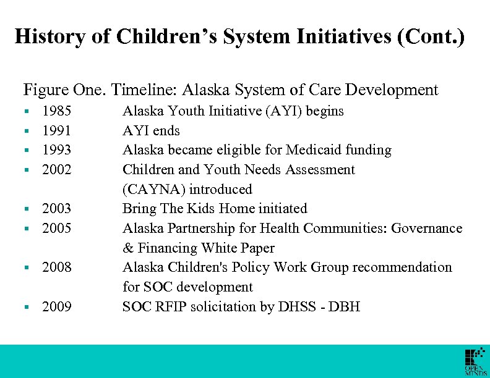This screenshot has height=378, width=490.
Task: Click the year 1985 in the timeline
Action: [x=56, y=111]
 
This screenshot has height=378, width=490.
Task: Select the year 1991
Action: [x=56, y=131]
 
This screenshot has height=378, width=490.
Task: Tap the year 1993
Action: [x=56, y=150]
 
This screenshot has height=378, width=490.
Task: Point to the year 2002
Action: [x=56, y=170]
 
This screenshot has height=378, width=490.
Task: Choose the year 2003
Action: [x=56, y=209]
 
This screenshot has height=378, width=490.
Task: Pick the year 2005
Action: [x=56, y=229]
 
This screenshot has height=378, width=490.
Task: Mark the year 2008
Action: [x=56, y=267]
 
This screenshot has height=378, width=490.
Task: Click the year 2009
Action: [x=56, y=307]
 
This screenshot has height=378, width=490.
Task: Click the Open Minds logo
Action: [x=475, y=362]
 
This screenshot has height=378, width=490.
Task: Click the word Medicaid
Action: [x=314, y=150]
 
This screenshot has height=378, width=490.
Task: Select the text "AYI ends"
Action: [x=151, y=131]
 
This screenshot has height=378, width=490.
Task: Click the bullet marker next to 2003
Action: [x=27, y=209]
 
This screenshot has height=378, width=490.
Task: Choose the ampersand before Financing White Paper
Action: [x=127, y=248]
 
